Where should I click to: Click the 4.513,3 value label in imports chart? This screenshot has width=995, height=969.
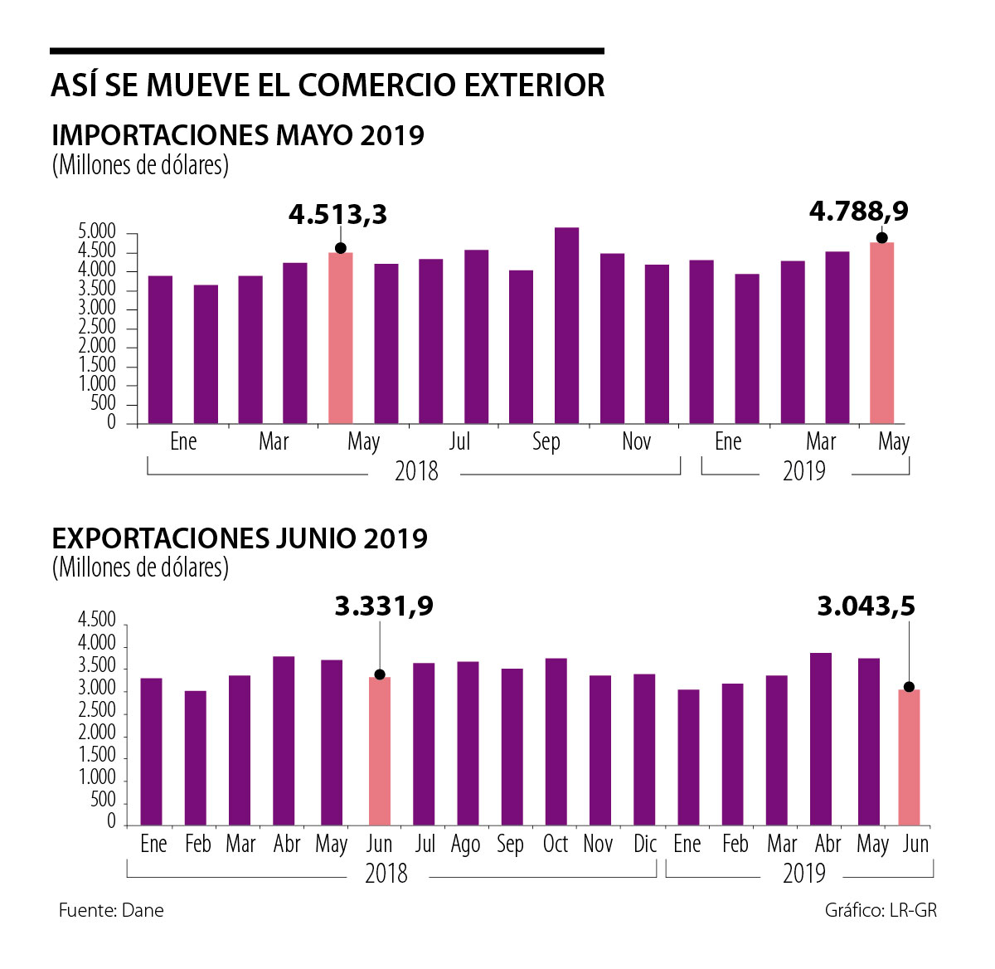tap(338, 215)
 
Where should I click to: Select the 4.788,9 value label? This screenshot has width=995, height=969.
tap(858, 212)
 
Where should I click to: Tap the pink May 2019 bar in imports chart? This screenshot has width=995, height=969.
tap(881, 333)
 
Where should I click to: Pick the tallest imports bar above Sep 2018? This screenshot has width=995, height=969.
tap(566, 325)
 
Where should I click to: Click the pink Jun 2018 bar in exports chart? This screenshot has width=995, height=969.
tap(379, 751)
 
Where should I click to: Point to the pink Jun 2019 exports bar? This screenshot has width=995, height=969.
tap(909, 757)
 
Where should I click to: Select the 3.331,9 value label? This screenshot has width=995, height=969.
tap(384, 606)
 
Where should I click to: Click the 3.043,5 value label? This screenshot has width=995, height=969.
tap(866, 606)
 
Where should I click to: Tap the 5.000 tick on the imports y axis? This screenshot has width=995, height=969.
tap(97, 231)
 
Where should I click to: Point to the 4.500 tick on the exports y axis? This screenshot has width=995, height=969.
tap(97, 621)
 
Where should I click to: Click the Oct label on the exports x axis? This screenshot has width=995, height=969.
tap(555, 844)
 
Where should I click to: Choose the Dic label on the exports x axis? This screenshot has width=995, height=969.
tap(644, 844)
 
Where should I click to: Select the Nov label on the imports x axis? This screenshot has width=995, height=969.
tap(636, 441)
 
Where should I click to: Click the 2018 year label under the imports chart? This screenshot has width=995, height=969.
tap(416, 471)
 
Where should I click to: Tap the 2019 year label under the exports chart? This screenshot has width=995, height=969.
tap(803, 874)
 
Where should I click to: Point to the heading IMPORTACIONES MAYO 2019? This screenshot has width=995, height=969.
tap(238, 134)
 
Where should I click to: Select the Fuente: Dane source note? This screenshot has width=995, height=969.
tap(111, 910)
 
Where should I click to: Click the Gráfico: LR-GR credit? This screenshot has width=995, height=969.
tap(881, 910)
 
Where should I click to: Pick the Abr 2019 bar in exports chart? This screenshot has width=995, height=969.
tap(821, 738)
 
